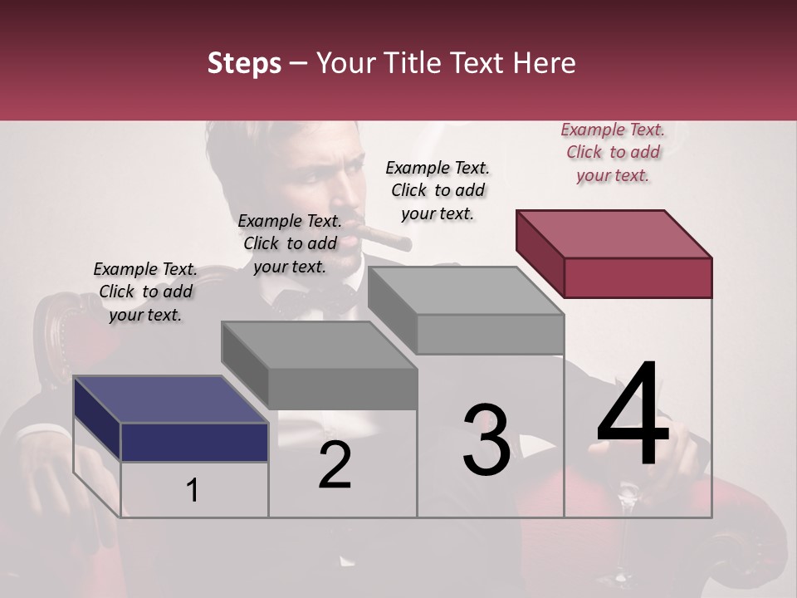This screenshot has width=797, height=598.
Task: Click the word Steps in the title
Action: pyautogui.click(x=244, y=63)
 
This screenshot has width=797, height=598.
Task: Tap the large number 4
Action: pyautogui.click(x=633, y=415)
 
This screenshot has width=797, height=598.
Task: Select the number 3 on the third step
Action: pyautogui.click(x=486, y=439)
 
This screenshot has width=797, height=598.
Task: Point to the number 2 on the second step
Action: pyautogui.click(x=335, y=465)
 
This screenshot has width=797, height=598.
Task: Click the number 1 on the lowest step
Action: pyautogui.click(x=193, y=491)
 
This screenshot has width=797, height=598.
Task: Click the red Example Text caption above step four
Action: pyautogui.click(x=613, y=153)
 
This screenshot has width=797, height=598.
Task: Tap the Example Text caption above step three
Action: pyautogui.click(x=438, y=190)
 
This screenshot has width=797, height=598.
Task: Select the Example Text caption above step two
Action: pyautogui.click(x=290, y=243)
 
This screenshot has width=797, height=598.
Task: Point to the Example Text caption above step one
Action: pyautogui.click(x=145, y=292)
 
